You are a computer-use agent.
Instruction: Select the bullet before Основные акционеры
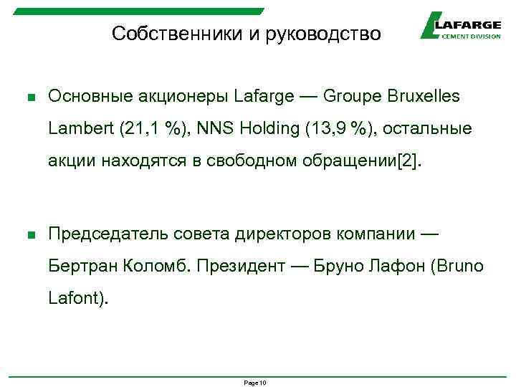pos(30,97)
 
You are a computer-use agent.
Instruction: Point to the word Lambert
pos(77,129)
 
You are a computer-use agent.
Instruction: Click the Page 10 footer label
pos(255,383)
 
